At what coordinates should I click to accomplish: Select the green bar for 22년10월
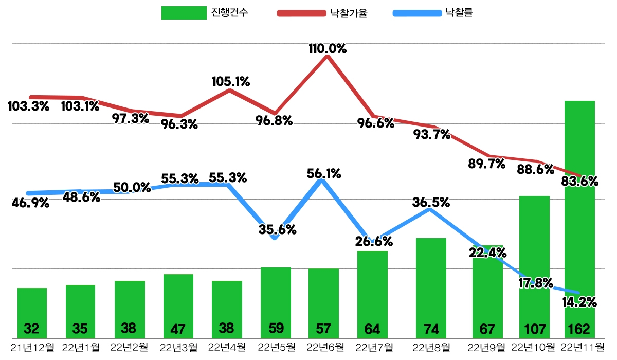(534, 247)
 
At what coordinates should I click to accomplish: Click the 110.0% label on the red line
(328, 49)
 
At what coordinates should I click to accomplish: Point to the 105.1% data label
(231, 81)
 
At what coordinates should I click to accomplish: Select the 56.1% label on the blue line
(324, 174)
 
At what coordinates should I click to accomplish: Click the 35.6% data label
(278, 230)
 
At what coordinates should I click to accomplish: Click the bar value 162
(579, 328)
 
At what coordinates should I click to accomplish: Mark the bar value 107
(534, 328)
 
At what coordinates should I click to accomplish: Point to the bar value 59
(276, 328)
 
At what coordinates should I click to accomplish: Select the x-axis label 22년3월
(179, 347)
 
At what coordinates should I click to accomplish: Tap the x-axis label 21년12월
(32, 347)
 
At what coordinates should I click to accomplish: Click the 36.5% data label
(431, 203)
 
